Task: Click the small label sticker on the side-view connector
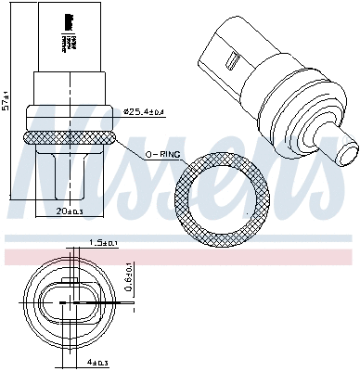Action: tap(67, 32)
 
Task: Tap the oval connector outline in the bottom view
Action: tap(71, 302)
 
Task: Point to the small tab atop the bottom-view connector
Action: tap(71, 281)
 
